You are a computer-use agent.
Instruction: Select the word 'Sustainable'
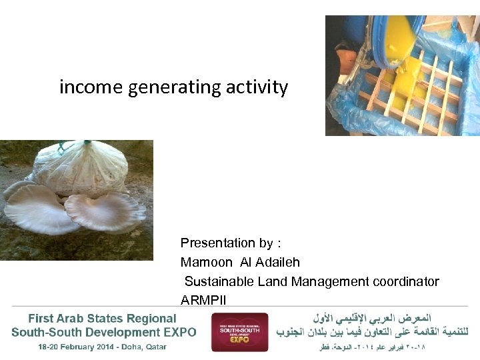[217, 282]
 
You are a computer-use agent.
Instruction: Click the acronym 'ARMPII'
[203, 301]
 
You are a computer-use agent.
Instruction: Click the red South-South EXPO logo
[239, 332]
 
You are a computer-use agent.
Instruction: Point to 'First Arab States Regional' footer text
[102, 319]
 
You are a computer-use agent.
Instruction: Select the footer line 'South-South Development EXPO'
[104, 332]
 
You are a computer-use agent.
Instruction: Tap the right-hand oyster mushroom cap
[107, 211]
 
